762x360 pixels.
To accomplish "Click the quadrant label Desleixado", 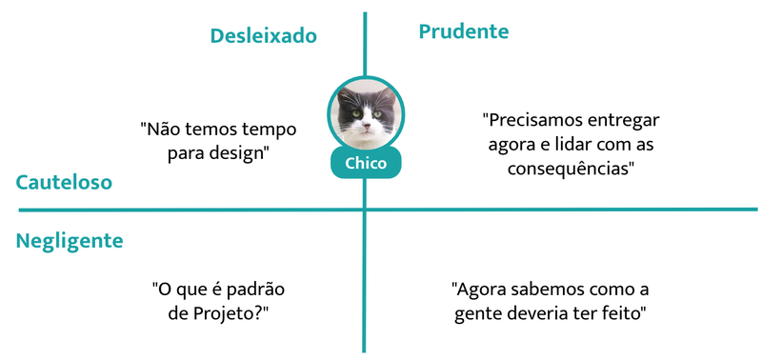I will (x=263, y=36).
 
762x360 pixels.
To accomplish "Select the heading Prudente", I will (x=464, y=31).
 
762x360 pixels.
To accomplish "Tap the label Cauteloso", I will (x=64, y=182).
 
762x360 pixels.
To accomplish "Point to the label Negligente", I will (x=70, y=241).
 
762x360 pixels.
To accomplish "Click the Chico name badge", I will (x=366, y=163).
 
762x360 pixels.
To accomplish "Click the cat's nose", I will (x=365, y=123).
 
